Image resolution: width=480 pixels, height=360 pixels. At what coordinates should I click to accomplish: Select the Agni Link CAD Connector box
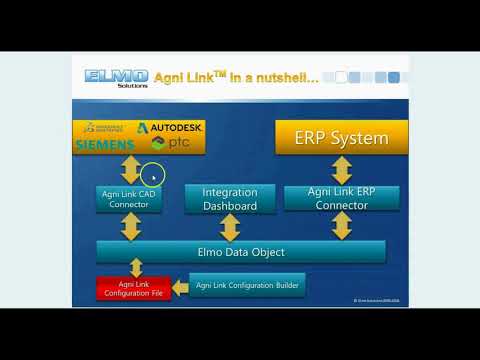pos(129,198)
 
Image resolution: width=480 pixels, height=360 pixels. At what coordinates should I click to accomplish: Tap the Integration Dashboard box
pos(230,199)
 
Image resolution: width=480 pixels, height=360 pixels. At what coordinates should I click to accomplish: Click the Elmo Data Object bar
pos(240,252)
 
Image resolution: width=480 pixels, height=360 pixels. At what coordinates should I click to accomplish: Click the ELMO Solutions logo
pos(117,77)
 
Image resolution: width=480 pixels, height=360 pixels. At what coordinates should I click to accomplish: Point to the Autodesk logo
pos(170,128)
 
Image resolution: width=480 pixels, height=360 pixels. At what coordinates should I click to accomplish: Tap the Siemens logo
pos(103,146)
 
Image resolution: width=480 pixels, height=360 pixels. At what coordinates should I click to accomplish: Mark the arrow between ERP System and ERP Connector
pos(343,168)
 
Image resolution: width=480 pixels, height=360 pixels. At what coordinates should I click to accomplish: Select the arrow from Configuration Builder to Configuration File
pos(180,289)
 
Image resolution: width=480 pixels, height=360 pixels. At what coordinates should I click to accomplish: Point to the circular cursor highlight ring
pos(153,176)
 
